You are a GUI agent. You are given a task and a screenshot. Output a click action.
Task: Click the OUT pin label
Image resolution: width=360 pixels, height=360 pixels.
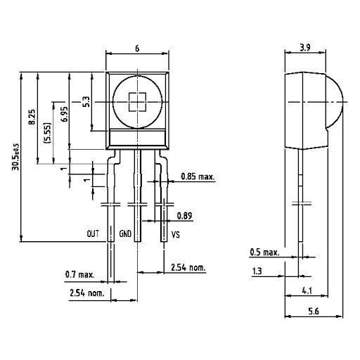tap(93, 233)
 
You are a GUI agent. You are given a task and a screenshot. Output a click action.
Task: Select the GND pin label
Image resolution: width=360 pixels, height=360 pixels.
tap(125, 233)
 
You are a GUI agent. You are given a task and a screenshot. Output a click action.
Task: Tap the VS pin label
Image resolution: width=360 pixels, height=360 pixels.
tap(176, 235)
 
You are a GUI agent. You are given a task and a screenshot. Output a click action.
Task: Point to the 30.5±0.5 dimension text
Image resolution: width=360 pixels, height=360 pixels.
tap(16, 157)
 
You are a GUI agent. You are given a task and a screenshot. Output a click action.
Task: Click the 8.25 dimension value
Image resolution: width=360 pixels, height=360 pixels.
tap(32, 117)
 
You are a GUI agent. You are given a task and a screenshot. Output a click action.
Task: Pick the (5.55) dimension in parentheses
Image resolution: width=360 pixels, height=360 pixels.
tap(47, 133)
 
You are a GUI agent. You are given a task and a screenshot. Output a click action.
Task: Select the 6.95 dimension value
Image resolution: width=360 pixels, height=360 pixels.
tap(64, 114)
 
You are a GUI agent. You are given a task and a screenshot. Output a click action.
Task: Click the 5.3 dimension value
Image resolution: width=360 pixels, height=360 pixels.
tap(86, 102)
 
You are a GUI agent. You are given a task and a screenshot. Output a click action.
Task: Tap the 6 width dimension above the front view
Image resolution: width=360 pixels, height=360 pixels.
tap(137, 49)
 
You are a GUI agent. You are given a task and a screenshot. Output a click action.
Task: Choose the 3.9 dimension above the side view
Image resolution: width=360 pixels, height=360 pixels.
tap(305, 48)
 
